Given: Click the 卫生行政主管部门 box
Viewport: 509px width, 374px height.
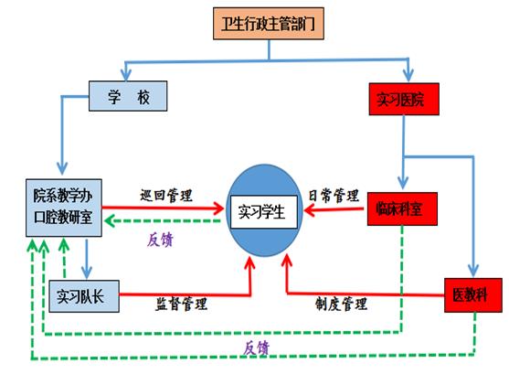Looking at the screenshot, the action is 269,24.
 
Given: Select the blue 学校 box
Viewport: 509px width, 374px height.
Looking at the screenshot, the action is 128,96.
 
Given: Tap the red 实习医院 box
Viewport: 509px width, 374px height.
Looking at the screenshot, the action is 404,99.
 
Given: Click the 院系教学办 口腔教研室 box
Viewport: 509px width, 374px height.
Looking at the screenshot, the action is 64,208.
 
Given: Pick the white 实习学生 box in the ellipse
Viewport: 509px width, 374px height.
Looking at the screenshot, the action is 263,212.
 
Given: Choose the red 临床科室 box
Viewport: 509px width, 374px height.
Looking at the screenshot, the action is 402,208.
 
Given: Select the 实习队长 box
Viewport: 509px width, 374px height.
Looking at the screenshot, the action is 84,296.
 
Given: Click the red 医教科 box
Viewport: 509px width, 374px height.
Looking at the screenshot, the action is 473,295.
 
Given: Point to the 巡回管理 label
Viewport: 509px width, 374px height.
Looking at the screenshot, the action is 166,196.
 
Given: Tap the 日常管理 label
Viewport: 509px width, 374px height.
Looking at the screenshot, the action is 334,196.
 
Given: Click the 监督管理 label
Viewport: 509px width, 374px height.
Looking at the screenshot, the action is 181,304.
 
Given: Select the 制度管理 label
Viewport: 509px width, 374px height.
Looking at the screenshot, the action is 341,304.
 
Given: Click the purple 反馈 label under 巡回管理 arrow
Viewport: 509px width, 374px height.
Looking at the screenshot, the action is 160,240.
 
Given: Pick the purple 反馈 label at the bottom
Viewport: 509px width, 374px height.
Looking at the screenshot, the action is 257,348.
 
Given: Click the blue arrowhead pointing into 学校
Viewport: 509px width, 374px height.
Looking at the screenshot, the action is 125,75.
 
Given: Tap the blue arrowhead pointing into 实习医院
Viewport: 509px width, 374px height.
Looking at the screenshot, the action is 408,76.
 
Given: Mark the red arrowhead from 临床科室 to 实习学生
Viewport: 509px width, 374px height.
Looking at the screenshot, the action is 310,210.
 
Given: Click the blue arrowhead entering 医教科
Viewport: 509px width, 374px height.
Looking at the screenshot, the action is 473,271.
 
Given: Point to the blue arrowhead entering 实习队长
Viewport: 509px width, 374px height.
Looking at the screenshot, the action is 86,272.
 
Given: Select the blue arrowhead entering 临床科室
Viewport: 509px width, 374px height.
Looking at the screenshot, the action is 403,184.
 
